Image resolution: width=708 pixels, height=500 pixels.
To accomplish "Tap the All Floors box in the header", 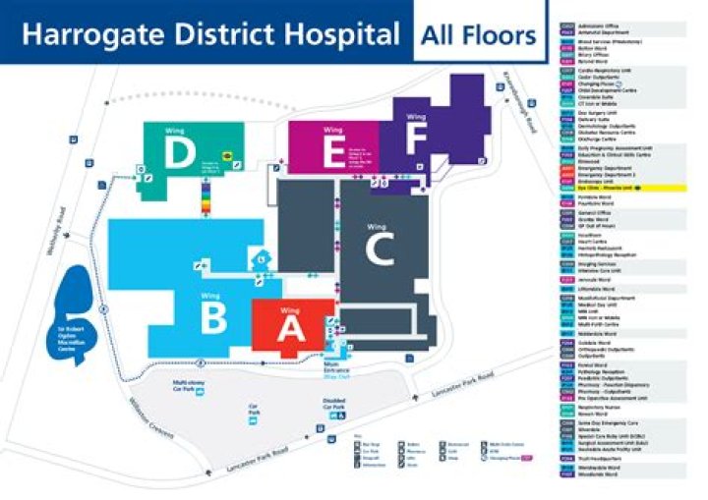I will click(478, 37).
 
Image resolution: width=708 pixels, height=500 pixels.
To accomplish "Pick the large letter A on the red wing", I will click(291, 330).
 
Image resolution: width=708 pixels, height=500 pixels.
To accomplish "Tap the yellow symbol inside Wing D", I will click(225, 154).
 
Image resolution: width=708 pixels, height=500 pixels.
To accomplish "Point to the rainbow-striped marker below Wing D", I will click(206, 200).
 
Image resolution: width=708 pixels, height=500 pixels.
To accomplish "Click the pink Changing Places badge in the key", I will click(526, 458).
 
